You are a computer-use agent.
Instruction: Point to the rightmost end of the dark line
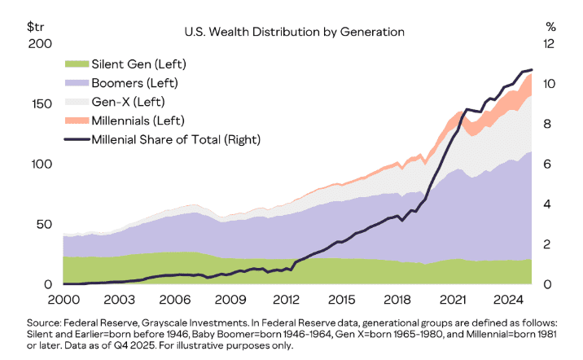532,70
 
